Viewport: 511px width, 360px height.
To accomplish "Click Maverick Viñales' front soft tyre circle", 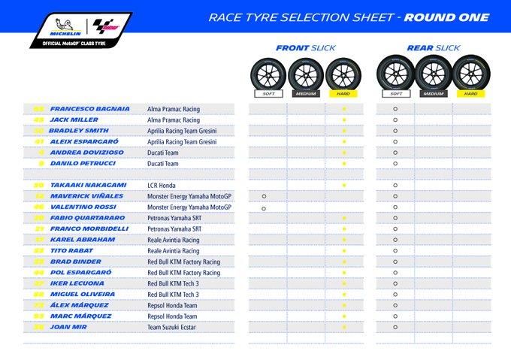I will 265,196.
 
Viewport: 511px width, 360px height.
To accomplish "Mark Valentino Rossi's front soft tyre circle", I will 265,207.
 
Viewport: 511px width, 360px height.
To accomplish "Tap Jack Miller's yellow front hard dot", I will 343,119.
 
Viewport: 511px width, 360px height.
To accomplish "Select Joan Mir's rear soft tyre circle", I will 395,327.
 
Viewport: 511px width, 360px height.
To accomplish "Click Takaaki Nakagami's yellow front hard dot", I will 343,185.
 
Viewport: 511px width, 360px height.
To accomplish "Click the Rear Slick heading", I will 433,47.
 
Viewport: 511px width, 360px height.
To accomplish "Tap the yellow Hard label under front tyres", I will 343,95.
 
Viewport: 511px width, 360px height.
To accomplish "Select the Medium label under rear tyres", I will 433,95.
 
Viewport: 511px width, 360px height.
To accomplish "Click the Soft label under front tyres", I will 268,95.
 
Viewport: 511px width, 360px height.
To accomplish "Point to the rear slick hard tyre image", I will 470,72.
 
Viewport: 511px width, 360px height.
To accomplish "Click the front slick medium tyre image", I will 306,72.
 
